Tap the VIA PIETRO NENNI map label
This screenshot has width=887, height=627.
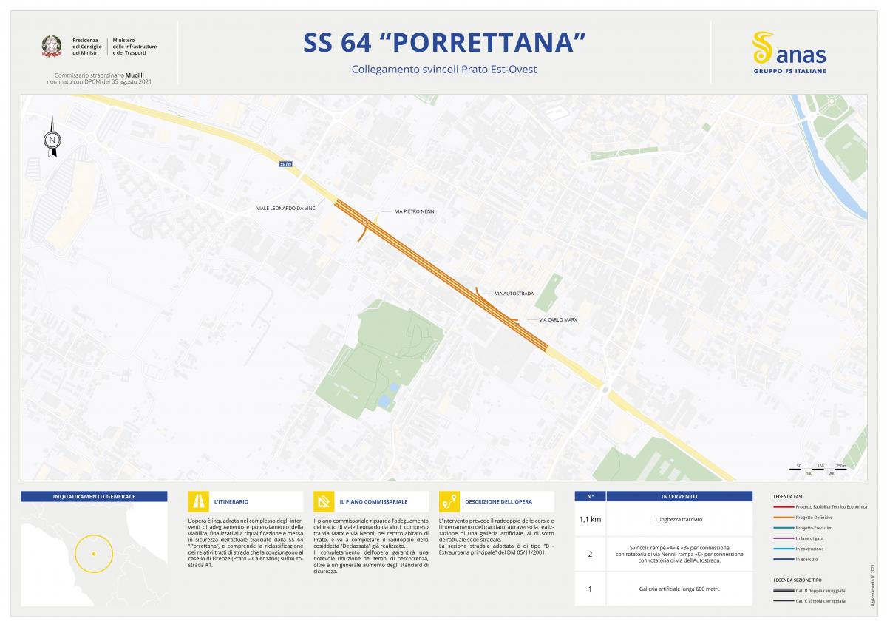(415, 211)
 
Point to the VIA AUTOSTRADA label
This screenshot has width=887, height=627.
(514, 294)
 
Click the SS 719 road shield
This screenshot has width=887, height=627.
(286, 164)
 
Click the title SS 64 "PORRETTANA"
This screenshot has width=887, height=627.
(443, 43)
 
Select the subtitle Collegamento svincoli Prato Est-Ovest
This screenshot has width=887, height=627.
(443, 70)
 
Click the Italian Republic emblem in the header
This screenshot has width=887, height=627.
(52, 47)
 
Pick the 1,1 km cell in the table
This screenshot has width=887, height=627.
(590, 519)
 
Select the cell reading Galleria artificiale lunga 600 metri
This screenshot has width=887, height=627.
(679, 589)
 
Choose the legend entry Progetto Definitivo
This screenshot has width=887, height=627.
(813, 518)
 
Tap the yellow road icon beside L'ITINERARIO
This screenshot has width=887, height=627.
(199, 501)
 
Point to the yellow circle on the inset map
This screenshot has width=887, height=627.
(94, 553)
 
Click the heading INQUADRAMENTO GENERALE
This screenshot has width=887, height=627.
(94, 496)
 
